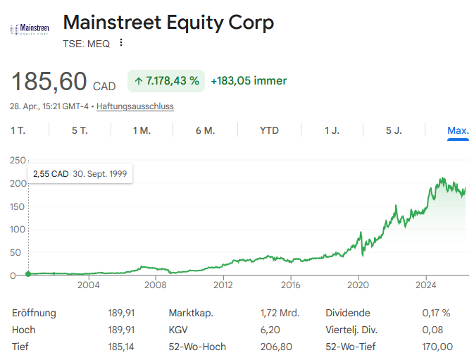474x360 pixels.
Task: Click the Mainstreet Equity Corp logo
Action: click(29, 29)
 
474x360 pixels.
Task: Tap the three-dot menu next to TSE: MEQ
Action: click(121, 43)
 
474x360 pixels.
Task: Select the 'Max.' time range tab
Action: click(458, 130)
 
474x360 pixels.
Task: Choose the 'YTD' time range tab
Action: click(269, 130)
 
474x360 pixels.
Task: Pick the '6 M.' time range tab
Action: click(205, 130)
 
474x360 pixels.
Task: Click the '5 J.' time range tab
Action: click(394, 130)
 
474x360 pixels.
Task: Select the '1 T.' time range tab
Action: click(18, 130)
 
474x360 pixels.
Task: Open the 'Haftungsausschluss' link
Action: click(135, 106)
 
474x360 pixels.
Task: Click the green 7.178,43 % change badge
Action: click(166, 81)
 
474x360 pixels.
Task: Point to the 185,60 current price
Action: click(49, 82)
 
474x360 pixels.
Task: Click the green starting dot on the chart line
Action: click(28, 274)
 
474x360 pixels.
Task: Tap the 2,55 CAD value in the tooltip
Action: click(51, 173)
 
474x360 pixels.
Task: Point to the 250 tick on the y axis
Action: click(16, 161)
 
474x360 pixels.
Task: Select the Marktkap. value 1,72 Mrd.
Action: click(280, 313)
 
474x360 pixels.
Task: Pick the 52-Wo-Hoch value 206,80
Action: click(276, 347)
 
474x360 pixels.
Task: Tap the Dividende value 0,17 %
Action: click(435, 313)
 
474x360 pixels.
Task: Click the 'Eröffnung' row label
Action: click(34, 313)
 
